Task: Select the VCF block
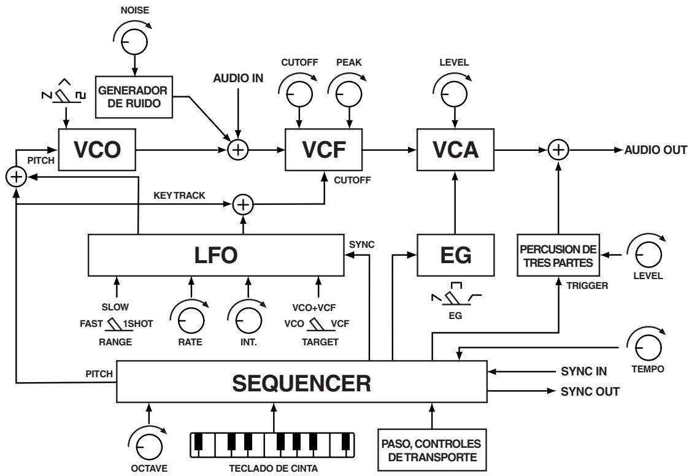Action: point(323,150)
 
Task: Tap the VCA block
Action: point(455,150)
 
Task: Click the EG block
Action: point(455,255)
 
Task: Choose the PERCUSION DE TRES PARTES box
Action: point(558,255)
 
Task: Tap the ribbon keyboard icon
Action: point(273,443)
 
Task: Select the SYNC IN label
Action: point(582,371)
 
